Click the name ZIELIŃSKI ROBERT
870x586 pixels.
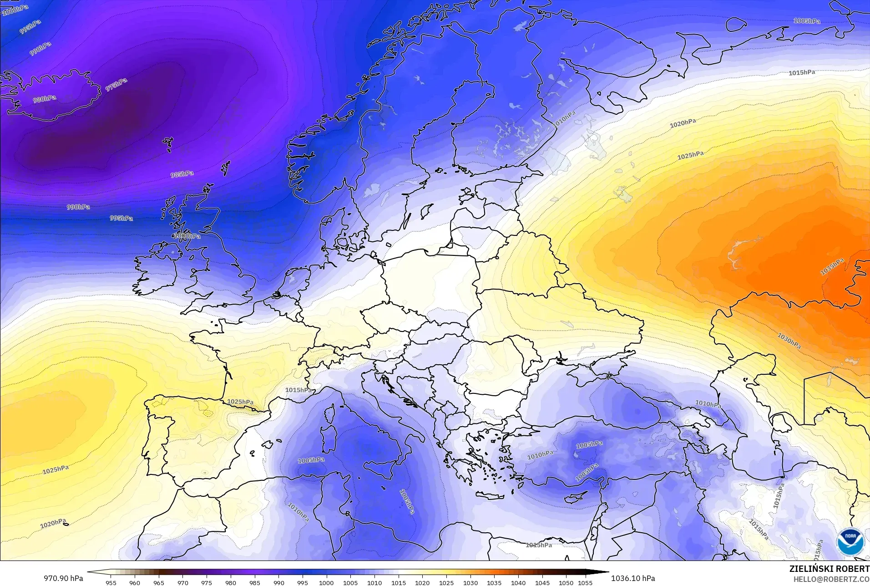click(x=829, y=569)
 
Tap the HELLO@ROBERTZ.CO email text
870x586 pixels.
click(x=831, y=579)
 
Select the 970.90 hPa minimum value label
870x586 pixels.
click(x=63, y=578)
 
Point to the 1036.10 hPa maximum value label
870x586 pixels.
click(x=632, y=578)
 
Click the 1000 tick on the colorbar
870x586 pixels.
click(x=326, y=582)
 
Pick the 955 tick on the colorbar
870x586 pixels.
click(x=111, y=582)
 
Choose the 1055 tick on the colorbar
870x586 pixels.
click(x=585, y=582)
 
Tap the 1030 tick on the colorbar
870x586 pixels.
click(x=470, y=582)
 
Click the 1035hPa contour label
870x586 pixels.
click(x=832, y=266)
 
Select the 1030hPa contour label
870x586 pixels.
click(x=789, y=341)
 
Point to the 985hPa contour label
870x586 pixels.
click(x=182, y=174)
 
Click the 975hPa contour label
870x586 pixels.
click(x=116, y=85)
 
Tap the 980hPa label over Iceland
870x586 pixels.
click(x=45, y=99)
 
